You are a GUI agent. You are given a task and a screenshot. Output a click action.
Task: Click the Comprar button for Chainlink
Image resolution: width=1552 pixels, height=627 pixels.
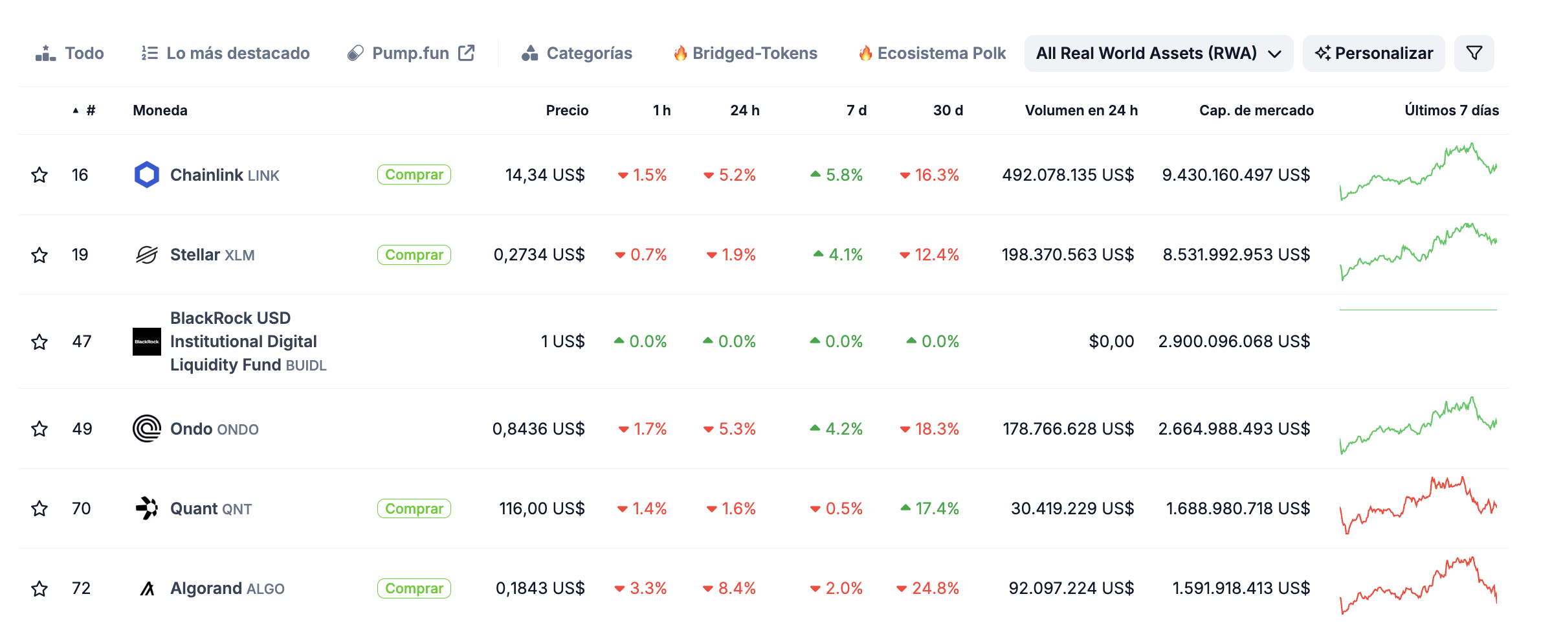pyautogui.click(x=414, y=175)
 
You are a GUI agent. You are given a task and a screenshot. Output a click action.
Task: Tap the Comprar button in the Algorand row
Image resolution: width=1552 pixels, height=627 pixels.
pyautogui.click(x=414, y=588)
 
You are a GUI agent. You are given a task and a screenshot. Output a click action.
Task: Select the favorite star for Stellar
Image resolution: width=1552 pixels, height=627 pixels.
pyautogui.click(x=39, y=255)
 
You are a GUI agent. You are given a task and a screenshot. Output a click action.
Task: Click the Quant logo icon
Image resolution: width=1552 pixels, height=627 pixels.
pyautogui.click(x=147, y=508)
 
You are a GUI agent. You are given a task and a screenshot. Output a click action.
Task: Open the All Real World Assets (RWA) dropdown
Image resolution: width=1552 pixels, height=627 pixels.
pyautogui.click(x=1158, y=53)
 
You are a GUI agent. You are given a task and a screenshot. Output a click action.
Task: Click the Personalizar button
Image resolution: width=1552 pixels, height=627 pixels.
pyautogui.click(x=1373, y=53)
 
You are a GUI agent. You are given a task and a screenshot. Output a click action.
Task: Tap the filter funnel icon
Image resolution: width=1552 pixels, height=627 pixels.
pyautogui.click(x=1474, y=53)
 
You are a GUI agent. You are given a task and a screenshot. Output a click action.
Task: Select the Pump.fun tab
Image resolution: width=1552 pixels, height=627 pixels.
pyautogui.click(x=411, y=53)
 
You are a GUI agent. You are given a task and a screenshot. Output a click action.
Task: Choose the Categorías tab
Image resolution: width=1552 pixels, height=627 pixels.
pyautogui.click(x=577, y=53)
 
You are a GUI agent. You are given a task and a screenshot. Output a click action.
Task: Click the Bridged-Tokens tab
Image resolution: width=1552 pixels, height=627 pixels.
pyautogui.click(x=746, y=53)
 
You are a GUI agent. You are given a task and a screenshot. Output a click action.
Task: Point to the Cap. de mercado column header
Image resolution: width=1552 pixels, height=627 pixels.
pyautogui.click(x=1256, y=111)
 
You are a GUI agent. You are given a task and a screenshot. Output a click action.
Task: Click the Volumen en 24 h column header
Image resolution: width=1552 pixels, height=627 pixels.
pyautogui.click(x=1081, y=111)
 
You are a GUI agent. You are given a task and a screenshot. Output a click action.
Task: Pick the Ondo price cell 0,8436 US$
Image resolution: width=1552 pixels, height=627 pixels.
pyautogui.click(x=538, y=429)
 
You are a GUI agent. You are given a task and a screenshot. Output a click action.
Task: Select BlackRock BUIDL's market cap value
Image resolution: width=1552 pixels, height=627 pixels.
pyautogui.click(x=1234, y=341)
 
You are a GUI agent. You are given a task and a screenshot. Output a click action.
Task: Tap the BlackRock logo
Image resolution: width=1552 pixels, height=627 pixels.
pyautogui.click(x=147, y=341)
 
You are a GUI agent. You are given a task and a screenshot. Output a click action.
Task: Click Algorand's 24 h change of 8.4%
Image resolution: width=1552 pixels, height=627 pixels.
pyautogui.click(x=729, y=588)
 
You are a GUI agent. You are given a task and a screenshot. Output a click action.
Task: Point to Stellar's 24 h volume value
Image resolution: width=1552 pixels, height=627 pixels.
pyautogui.click(x=1068, y=255)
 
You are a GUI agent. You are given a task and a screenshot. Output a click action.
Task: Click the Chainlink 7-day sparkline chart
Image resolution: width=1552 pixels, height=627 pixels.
pyautogui.click(x=1418, y=172)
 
